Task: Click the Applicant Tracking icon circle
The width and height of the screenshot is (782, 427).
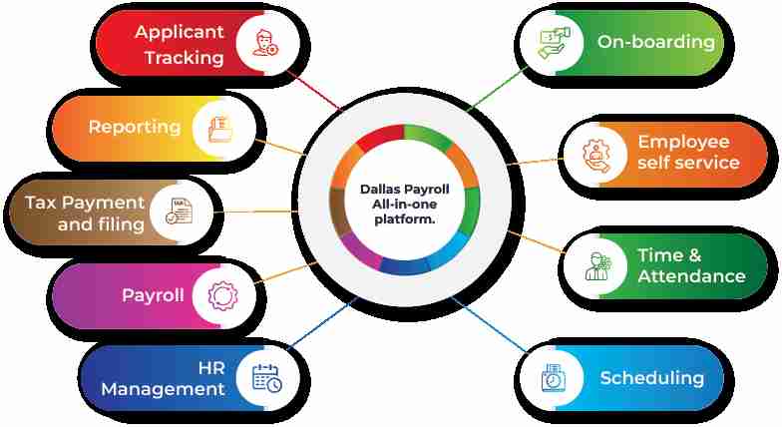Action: [264, 43]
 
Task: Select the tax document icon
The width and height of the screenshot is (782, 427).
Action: [181, 212]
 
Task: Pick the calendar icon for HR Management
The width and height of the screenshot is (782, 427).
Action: [265, 377]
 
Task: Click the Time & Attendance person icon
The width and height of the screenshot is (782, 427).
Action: [597, 265]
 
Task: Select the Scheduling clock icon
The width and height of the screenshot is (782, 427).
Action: [553, 378]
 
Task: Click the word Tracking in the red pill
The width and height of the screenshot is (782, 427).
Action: [184, 57]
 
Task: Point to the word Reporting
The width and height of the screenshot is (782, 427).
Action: [134, 127]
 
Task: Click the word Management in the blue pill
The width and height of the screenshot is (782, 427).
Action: [163, 389]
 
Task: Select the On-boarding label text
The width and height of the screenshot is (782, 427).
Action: [655, 42]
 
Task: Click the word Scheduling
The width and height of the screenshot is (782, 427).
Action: [651, 378]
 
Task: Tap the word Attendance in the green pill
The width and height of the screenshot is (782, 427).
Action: [691, 276]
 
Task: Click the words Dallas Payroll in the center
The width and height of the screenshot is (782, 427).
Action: [405, 189]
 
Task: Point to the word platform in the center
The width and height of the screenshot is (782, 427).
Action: [405, 218]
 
